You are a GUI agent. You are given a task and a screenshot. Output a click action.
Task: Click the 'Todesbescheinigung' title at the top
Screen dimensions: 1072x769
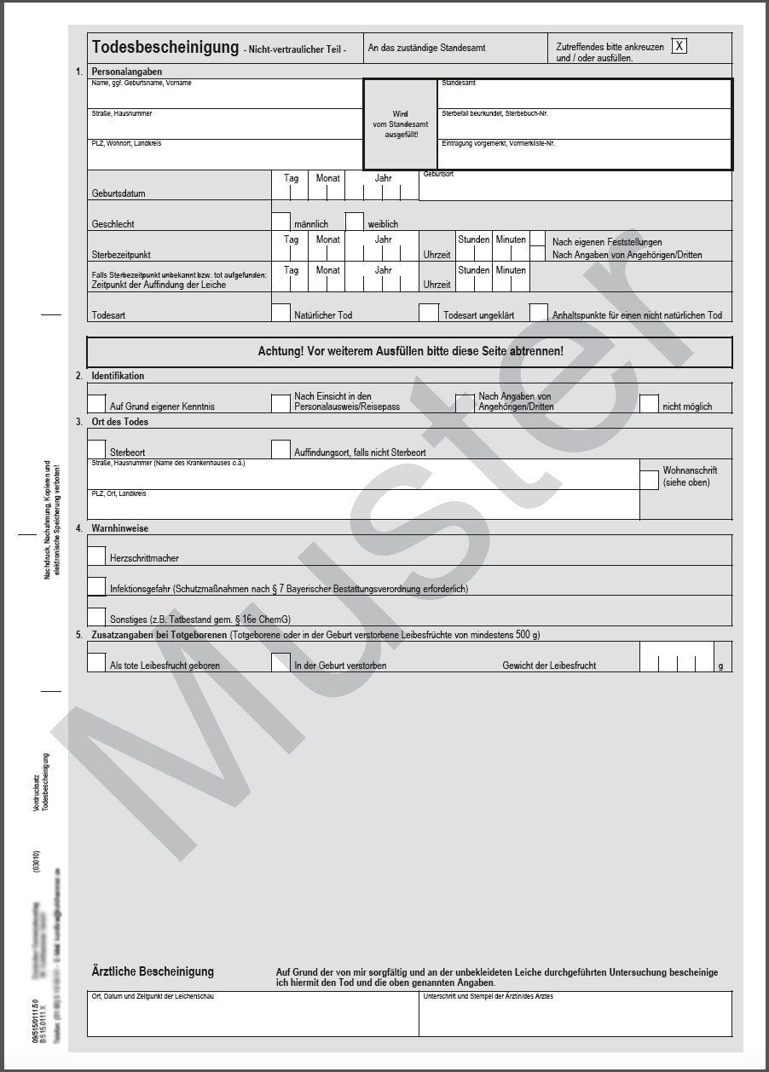pos(165,48)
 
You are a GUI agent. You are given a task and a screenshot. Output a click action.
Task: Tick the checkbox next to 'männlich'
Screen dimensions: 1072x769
pos(280,221)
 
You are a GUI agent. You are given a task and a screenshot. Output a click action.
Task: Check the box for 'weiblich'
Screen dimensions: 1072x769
pos(355,221)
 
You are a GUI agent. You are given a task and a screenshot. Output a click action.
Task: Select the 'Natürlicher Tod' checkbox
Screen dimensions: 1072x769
pos(280,313)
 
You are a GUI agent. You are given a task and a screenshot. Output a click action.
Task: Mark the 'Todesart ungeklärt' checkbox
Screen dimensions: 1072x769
pos(429,313)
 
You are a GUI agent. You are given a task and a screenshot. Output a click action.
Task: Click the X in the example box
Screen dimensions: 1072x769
pos(679,46)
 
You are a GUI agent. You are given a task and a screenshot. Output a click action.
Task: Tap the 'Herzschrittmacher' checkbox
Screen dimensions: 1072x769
pos(96,555)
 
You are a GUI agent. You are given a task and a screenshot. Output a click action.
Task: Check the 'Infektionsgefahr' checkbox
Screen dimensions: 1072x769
pos(96,585)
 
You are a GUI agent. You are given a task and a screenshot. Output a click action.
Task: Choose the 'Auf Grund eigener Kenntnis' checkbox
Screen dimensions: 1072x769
pos(96,403)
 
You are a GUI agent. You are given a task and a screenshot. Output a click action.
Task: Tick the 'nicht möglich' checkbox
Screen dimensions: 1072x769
pos(649,403)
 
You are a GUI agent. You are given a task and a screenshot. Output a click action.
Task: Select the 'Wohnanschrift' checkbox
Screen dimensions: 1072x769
pos(649,480)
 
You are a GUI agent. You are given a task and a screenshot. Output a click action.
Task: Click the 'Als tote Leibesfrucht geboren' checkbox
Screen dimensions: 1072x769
pos(96,661)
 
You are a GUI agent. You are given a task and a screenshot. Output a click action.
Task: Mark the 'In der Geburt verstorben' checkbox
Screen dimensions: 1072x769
pos(280,661)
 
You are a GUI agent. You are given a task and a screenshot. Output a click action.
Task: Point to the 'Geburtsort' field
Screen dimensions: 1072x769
pos(575,187)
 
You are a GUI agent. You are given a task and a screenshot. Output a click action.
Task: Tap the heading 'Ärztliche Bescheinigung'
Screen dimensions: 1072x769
pos(153,971)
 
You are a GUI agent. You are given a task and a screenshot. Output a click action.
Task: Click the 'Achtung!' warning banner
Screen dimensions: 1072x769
pos(409,351)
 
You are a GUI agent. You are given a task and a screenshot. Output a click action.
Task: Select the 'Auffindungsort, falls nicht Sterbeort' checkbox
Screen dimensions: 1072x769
pos(280,449)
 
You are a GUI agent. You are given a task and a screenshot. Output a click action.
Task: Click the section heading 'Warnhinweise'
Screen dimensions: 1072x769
pos(120,528)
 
